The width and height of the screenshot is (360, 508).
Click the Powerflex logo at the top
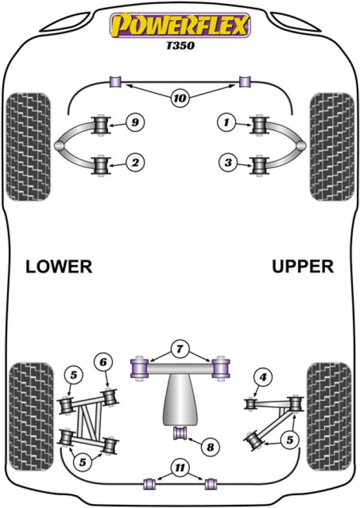[181, 25]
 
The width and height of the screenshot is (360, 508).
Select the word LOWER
[58, 267]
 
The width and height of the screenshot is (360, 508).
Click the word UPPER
[303, 267]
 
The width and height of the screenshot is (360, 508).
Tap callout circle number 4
[262, 379]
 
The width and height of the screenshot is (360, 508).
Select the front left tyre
[27, 147]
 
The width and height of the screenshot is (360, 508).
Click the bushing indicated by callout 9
[102, 125]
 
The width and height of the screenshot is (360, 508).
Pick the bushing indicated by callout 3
[259, 165]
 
